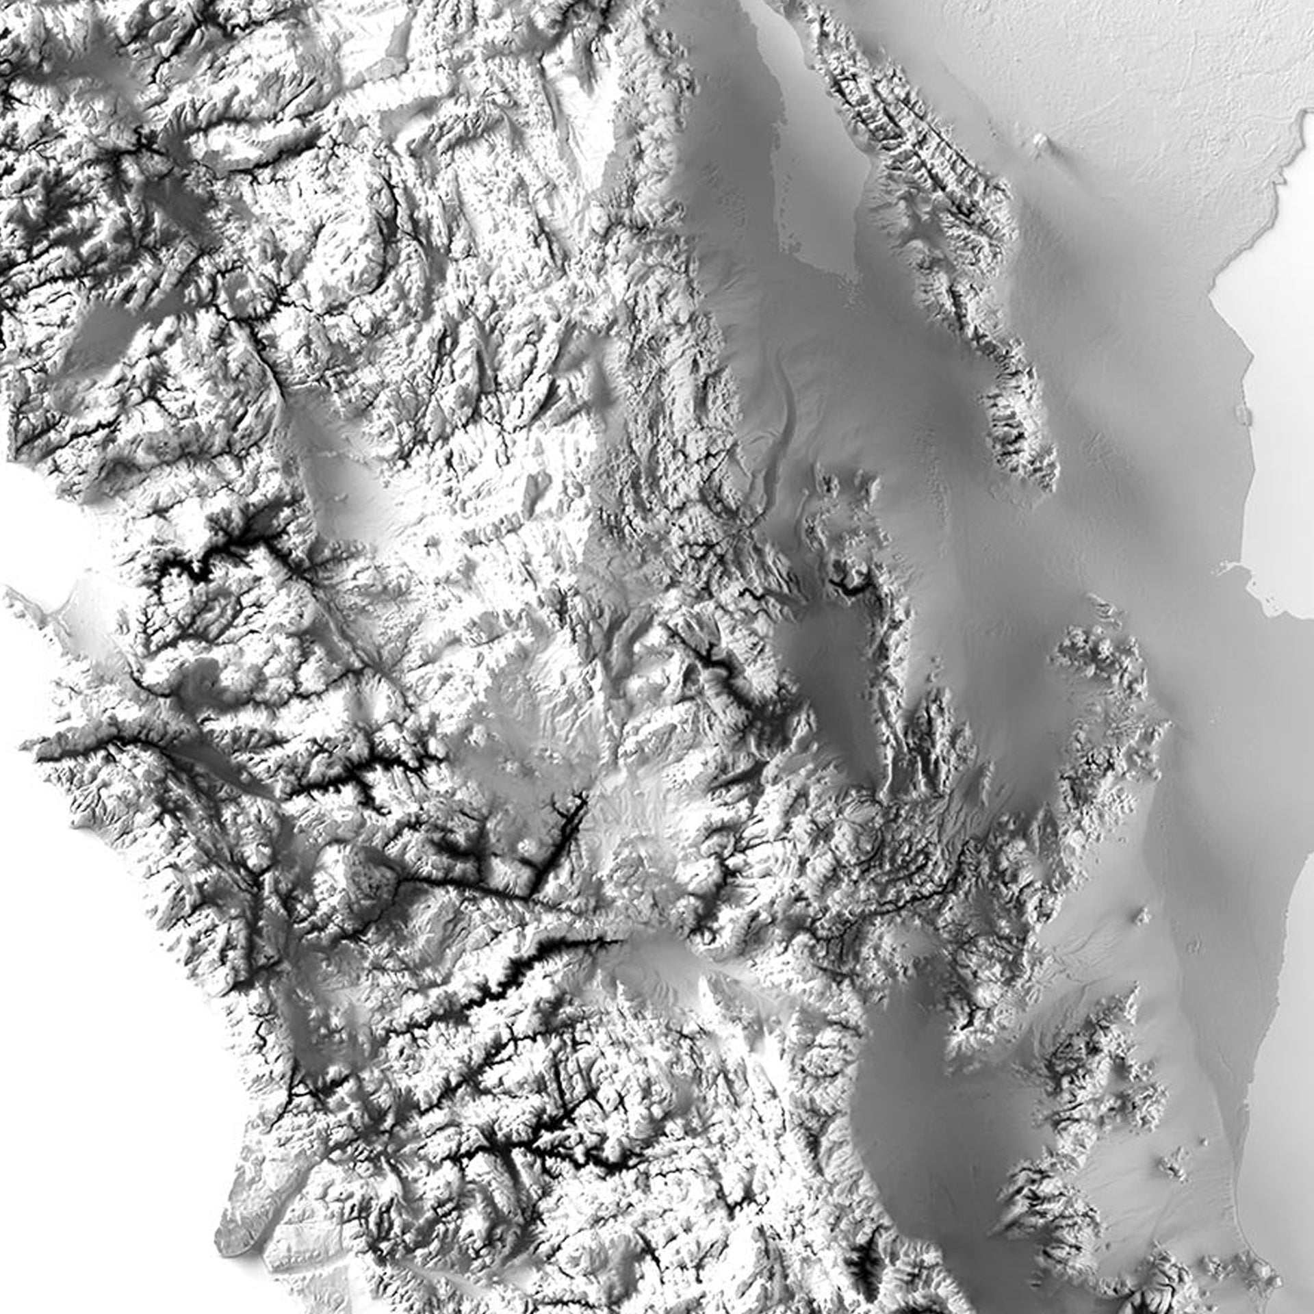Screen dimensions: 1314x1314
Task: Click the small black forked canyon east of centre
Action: [x=849, y=585]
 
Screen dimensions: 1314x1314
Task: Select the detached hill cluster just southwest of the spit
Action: [x=1102, y=657]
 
